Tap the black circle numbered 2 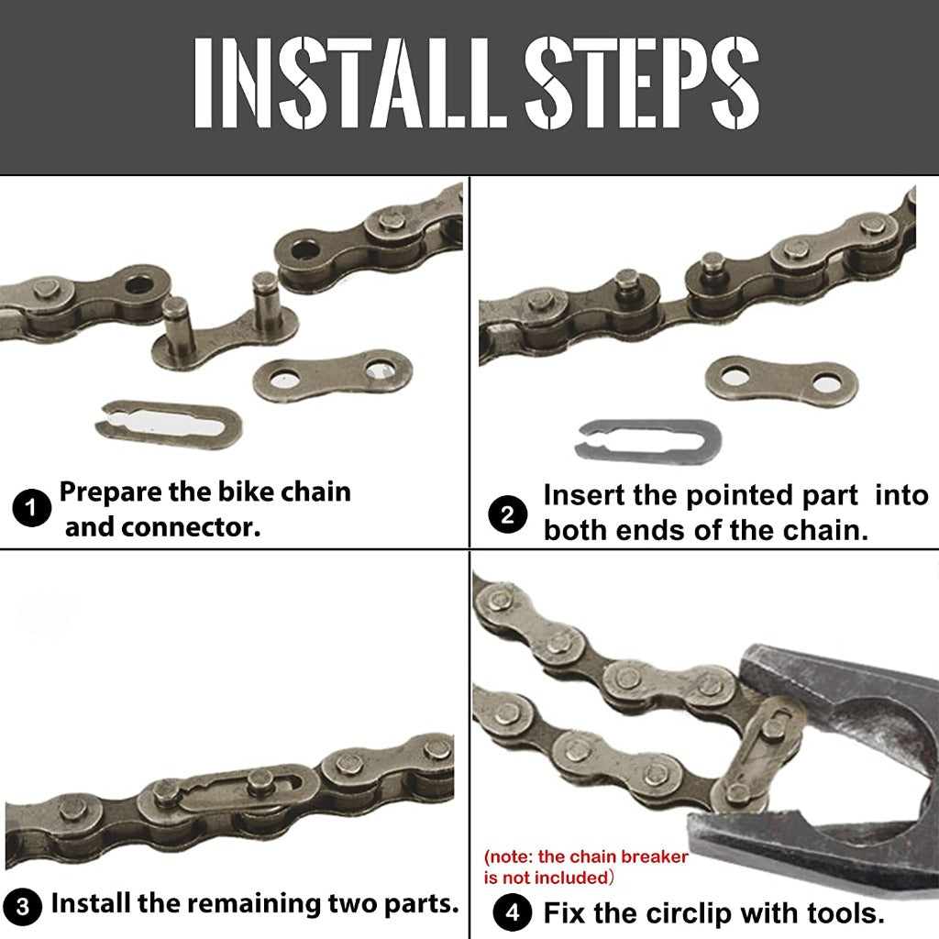[x=507, y=515]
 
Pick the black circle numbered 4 [x=512, y=913]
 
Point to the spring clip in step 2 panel [x=647, y=438]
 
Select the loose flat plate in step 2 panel [x=781, y=380]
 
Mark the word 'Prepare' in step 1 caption [x=110, y=492]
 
